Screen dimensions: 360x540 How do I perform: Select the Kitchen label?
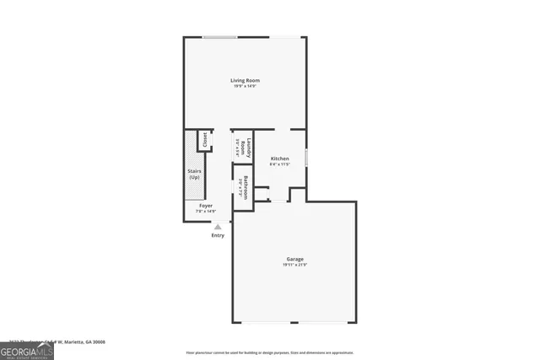(279, 159)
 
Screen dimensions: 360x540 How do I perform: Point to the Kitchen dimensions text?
(279, 164)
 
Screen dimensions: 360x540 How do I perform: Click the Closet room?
(204, 140)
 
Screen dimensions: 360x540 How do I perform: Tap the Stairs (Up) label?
(194, 174)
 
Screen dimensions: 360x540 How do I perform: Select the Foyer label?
(205, 206)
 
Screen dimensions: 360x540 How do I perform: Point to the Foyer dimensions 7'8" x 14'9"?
(207, 212)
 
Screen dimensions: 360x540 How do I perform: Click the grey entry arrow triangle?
(219, 226)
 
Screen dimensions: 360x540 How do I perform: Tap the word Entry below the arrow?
(219, 235)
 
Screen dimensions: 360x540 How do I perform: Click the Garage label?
(294, 259)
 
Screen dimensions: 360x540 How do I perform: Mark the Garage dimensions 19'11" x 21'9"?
(294, 265)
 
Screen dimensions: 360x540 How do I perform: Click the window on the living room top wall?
(219, 36)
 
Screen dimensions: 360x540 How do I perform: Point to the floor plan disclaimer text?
(270, 352)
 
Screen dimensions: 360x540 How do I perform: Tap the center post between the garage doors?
(294, 324)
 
